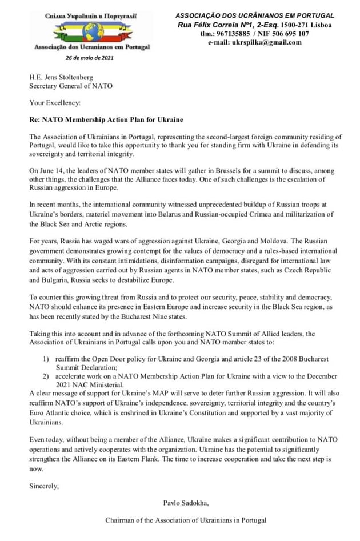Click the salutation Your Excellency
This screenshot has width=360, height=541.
pos(55,103)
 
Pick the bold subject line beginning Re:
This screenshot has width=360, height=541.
pos(107,120)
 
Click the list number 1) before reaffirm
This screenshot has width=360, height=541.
pos(46,359)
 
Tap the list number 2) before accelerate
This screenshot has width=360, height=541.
pos(46,376)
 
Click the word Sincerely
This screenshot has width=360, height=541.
pos(44,486)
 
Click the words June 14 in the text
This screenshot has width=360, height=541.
pos(51,171)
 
